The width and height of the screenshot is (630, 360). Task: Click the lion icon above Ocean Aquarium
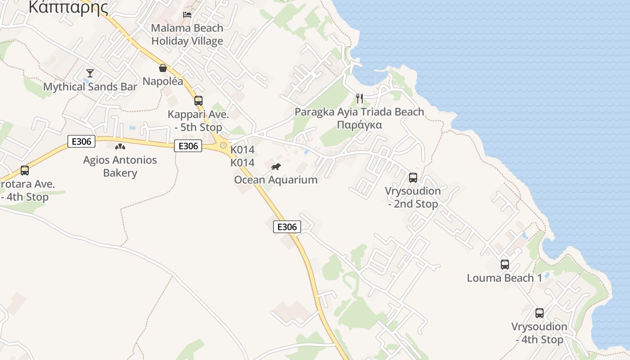[276, 167]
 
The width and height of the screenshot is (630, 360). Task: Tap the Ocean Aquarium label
[276, 180]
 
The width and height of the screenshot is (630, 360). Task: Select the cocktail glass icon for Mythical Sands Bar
[90, 73]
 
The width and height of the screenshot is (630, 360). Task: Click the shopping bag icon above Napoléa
[163, 68]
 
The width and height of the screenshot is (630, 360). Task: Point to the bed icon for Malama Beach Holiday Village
[187, 14]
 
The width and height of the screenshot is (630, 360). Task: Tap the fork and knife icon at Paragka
[360, 99]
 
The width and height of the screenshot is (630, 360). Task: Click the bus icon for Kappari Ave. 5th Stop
[198, 101]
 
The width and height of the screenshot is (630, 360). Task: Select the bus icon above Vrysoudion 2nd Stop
[413, 178]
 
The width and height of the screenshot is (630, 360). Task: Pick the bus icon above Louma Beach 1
[505, 265]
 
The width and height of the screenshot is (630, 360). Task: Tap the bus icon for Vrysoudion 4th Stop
[540, 313]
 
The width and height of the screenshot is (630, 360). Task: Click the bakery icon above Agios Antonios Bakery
[120, 146]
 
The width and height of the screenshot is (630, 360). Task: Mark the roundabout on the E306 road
[223, 145]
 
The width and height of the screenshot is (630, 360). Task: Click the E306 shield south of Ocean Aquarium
[287, 227]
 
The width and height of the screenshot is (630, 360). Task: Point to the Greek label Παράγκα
[360, 125]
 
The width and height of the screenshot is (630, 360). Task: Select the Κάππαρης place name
[68, 7]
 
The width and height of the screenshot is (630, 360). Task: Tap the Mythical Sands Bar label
[90, 87]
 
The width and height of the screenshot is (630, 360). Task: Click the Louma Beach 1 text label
[504, 278]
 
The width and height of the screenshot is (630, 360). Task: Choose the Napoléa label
[163, 81]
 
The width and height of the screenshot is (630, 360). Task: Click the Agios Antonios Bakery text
[120, 166]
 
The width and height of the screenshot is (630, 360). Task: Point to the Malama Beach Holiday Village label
[187, 34]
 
